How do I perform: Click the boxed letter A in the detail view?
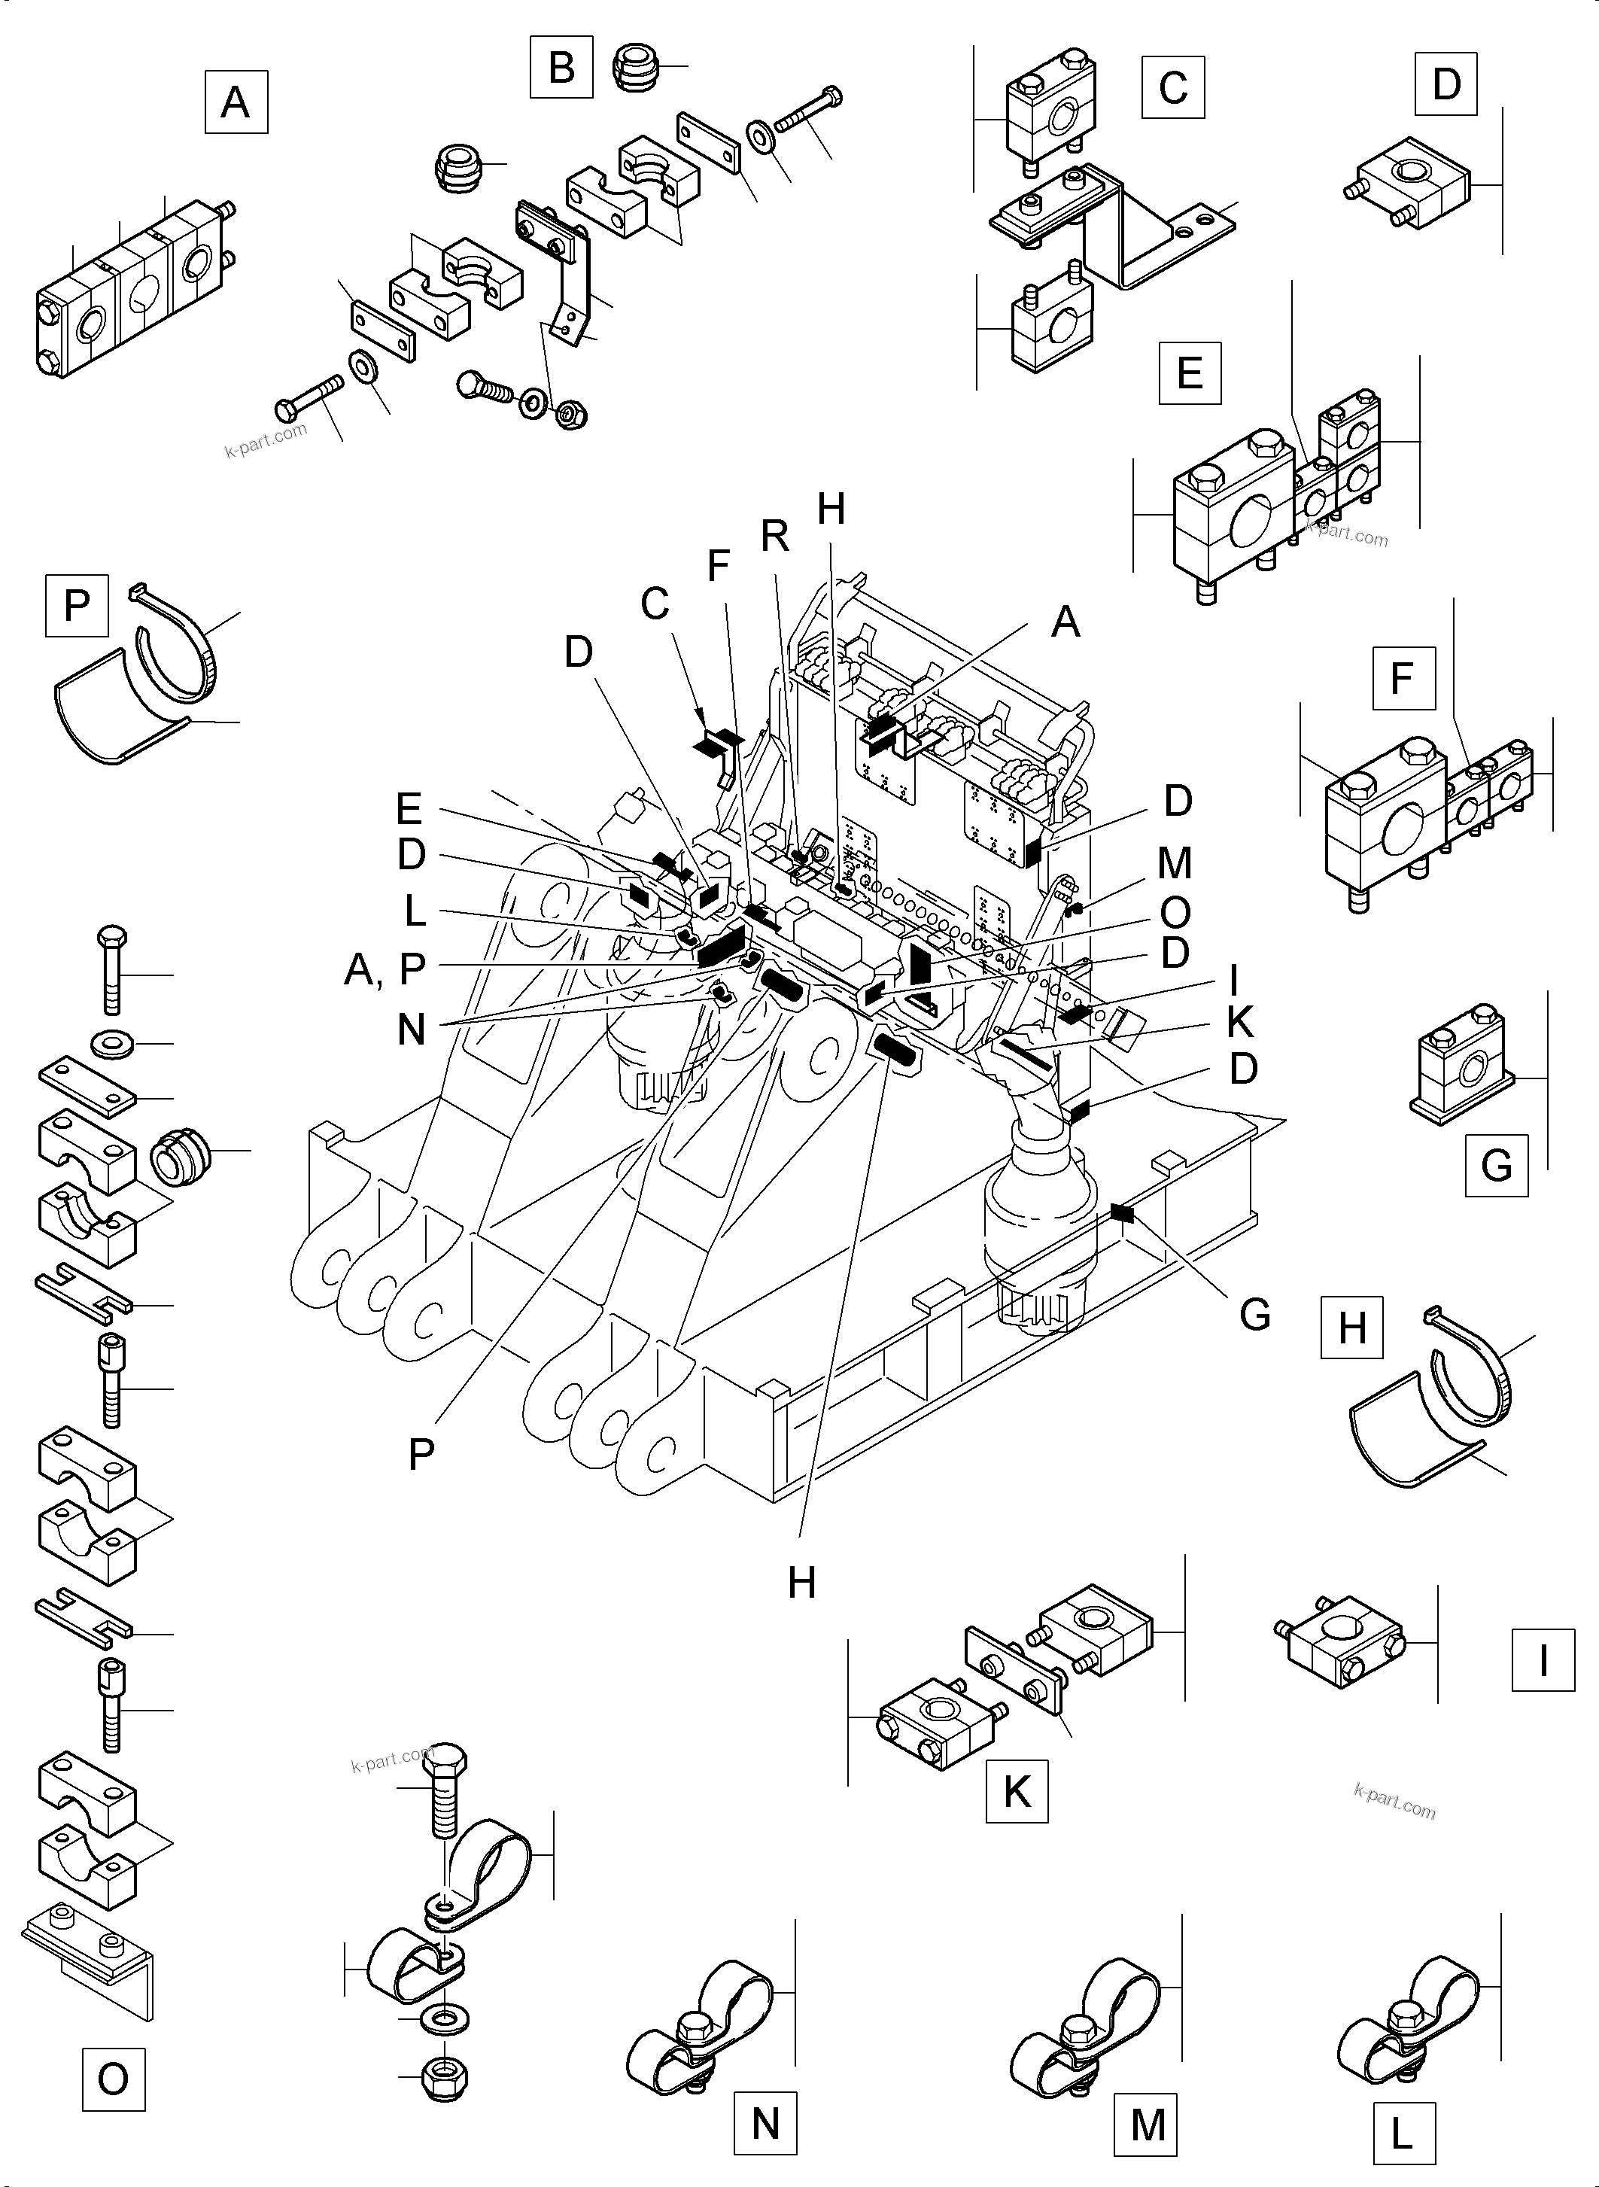[236, 102]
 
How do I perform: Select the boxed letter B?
[561, 67]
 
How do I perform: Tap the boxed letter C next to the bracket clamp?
[1173, 88]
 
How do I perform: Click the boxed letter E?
[1190, 373]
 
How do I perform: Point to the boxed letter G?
[1497, 1165]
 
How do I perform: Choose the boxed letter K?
[1017, 1792]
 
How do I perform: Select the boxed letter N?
[765, 2124]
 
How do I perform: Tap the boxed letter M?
[1148, 2124]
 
